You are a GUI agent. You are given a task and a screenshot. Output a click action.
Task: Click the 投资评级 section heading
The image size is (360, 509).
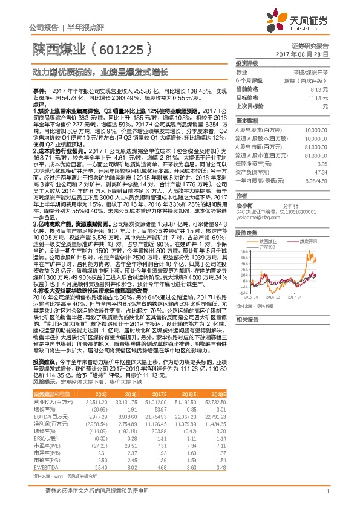247,63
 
